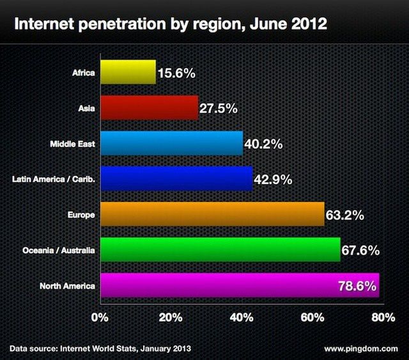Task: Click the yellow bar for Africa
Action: click(x=128, y=72)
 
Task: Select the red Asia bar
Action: click(x=149, y=108)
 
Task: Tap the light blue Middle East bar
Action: click(x=171, y=143)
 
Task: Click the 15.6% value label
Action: click(x=175, y=74)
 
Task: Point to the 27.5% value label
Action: click(x=219, y=109)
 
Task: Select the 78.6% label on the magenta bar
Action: click(x=356, y=286)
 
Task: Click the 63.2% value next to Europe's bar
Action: click(x=345, y=215)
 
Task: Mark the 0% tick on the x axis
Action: click(x=100, y=317)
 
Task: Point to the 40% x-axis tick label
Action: click(x=242, y=317)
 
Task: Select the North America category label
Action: click(x=67, y=286)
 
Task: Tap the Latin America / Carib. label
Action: click(x=54, y=179)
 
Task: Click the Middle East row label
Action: click(x=72, y=144)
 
